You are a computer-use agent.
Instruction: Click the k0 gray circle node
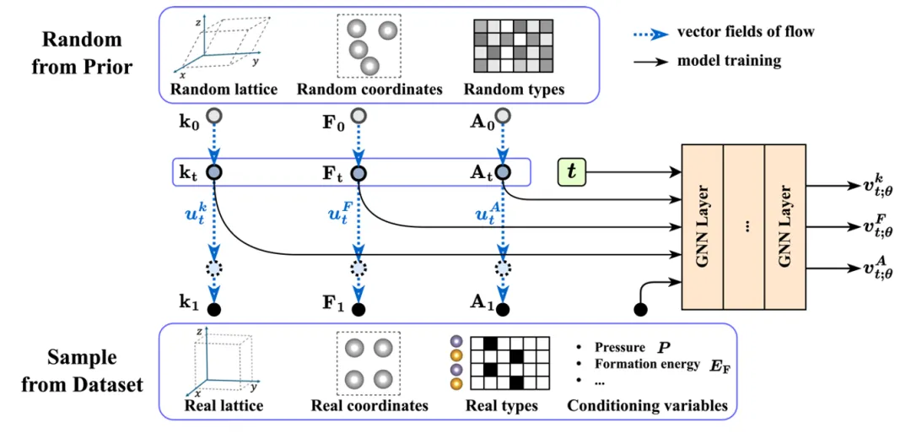pyautogui.click(x=214, y=116)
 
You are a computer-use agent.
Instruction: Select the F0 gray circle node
pyautogui.click(x=358, y=116)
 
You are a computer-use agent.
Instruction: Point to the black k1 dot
pyautogui.click(x=214, y=309)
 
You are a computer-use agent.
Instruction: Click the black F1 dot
pyautogui.click(x=358, y=309)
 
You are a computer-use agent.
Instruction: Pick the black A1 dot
pyautogui.click(x=504, y=309)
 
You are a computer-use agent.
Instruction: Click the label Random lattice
pyautogui.click(x=224, y=89)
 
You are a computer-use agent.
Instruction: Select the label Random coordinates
pyautogui.click(x=369, y=89)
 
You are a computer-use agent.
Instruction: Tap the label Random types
pyautogui.click(x=514, y=89)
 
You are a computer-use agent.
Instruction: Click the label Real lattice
pyautogui.click(x=224, y=406)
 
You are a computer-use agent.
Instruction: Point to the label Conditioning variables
pyautogui.click(x=647, y=406)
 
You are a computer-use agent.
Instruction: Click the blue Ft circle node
pyautogui.click(x=358, y=172)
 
